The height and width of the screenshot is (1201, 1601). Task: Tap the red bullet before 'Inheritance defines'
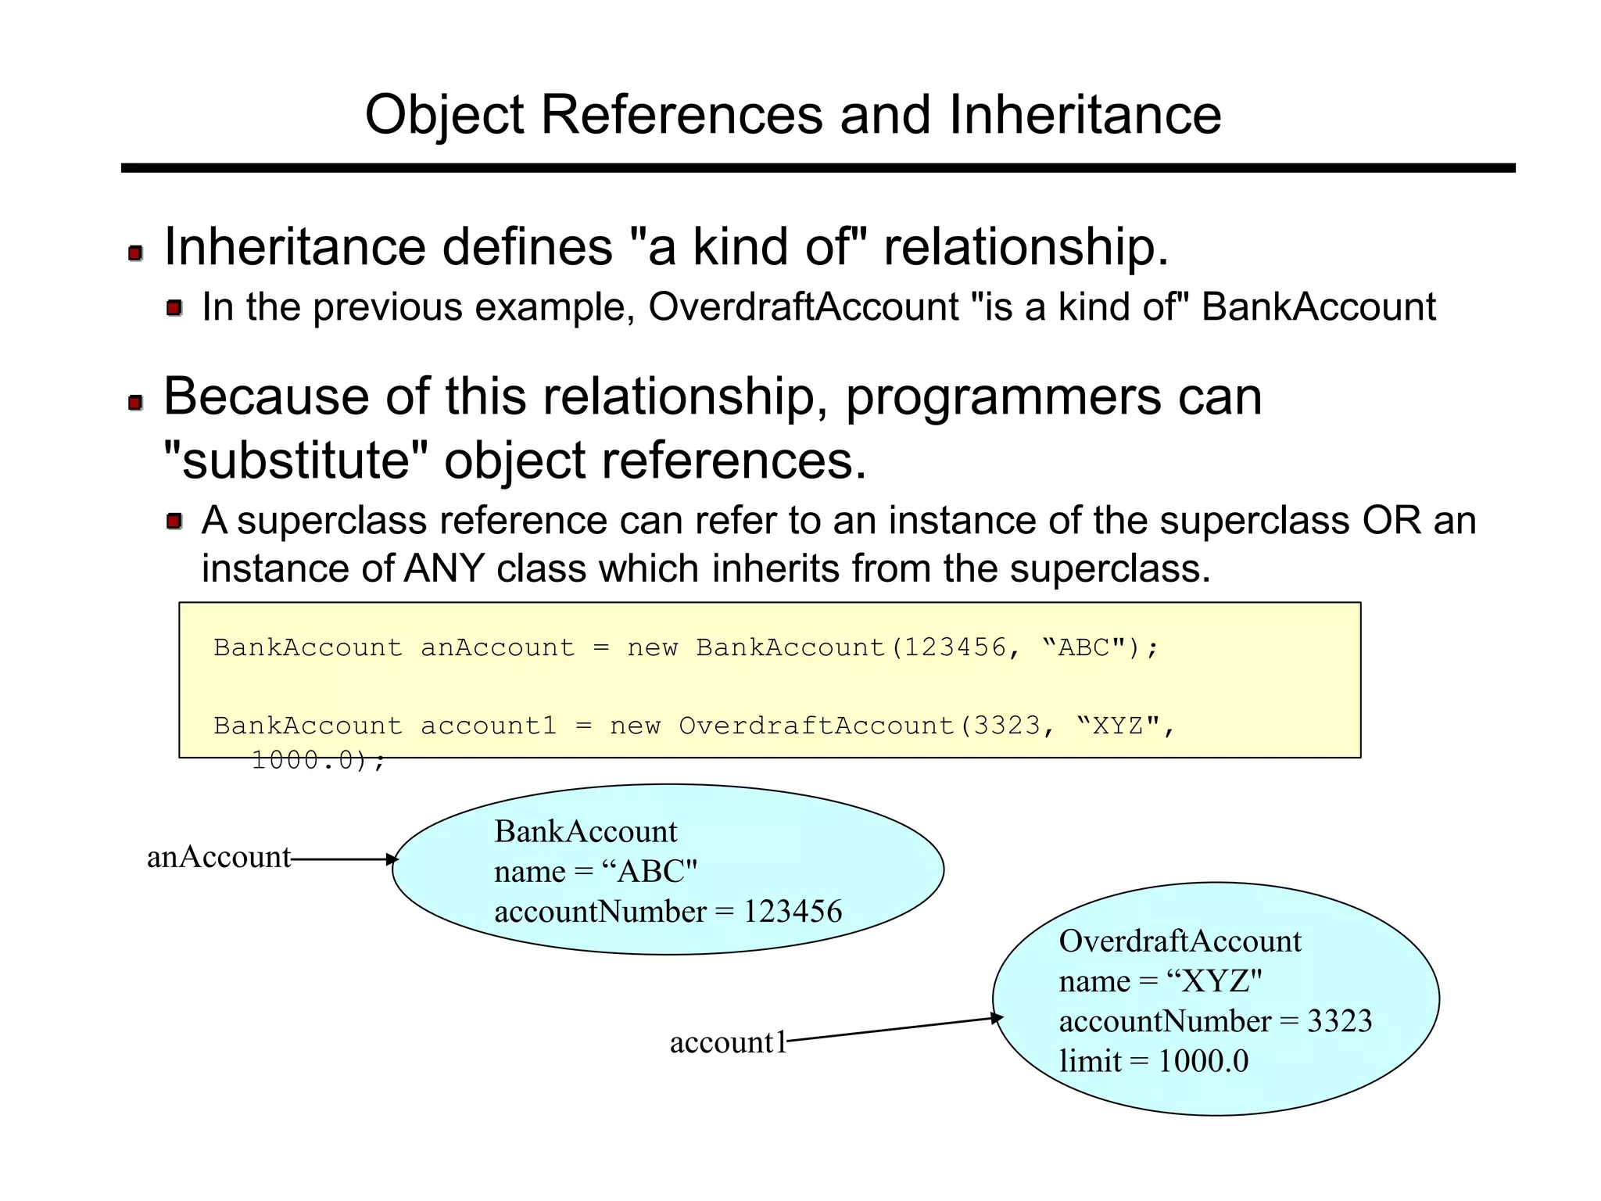(135, 253)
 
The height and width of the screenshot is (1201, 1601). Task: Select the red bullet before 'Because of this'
(135, 403)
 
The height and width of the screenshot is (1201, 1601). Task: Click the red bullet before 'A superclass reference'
(174, 521)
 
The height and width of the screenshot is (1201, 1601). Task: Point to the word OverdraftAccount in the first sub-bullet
(803, 307)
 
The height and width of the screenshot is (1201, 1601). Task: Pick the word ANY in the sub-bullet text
(444, 568)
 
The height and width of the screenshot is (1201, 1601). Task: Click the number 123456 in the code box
(955, 647)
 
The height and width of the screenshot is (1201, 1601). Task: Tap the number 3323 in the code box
(1006, 726)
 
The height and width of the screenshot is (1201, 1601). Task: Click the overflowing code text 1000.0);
(318, 760)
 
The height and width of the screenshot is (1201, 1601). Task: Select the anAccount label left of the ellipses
(218, 858)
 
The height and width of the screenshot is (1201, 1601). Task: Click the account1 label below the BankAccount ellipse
(727, 1042)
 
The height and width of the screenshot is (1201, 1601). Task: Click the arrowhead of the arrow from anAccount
(392, 859)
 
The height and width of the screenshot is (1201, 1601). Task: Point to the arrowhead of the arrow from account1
(997, 1018)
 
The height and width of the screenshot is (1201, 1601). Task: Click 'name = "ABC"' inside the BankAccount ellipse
(595, 871)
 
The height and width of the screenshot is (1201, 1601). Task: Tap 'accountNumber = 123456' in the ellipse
(668, 912)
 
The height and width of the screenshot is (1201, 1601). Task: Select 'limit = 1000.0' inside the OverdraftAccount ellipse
(1153, 1061)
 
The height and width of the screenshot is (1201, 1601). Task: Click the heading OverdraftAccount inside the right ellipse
(1179, 941)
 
